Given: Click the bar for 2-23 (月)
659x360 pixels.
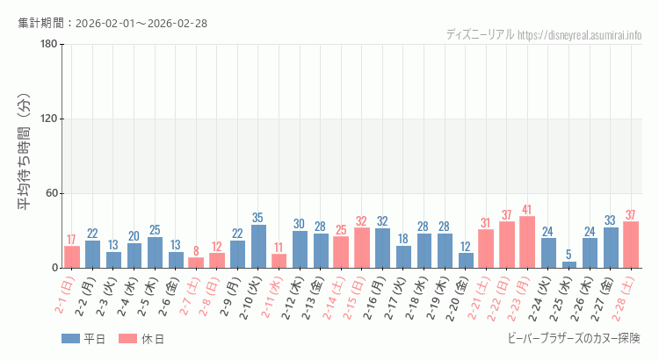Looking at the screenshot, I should (x=527, y=242).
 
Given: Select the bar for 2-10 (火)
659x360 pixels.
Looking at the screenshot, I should (x=258, y=246).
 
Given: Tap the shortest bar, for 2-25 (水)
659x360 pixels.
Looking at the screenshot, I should (x=568, y=264).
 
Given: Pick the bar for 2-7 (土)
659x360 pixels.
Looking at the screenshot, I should (x=196, y=263).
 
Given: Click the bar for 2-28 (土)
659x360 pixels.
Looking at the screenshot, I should (x=631, y=245).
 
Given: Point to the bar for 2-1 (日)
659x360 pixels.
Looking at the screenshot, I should (x=72, y=257).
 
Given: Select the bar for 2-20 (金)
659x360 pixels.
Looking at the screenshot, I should (x=466, y=260).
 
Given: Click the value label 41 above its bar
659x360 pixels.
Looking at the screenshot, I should (x=527, y=210).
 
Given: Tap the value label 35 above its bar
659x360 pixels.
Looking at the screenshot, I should (x=258, y=218).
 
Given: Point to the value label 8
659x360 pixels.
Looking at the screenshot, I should (x=196, y=251).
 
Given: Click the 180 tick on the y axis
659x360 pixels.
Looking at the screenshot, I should (x=48, y=45).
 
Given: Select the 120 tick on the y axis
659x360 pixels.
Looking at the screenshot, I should (x=48, y=119).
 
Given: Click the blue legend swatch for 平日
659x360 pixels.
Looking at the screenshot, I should (x=70, y=339).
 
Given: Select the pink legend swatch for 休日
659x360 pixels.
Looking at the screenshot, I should (x=127, y=339).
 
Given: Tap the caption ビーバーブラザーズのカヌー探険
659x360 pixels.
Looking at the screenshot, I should (x=575, y=338).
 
